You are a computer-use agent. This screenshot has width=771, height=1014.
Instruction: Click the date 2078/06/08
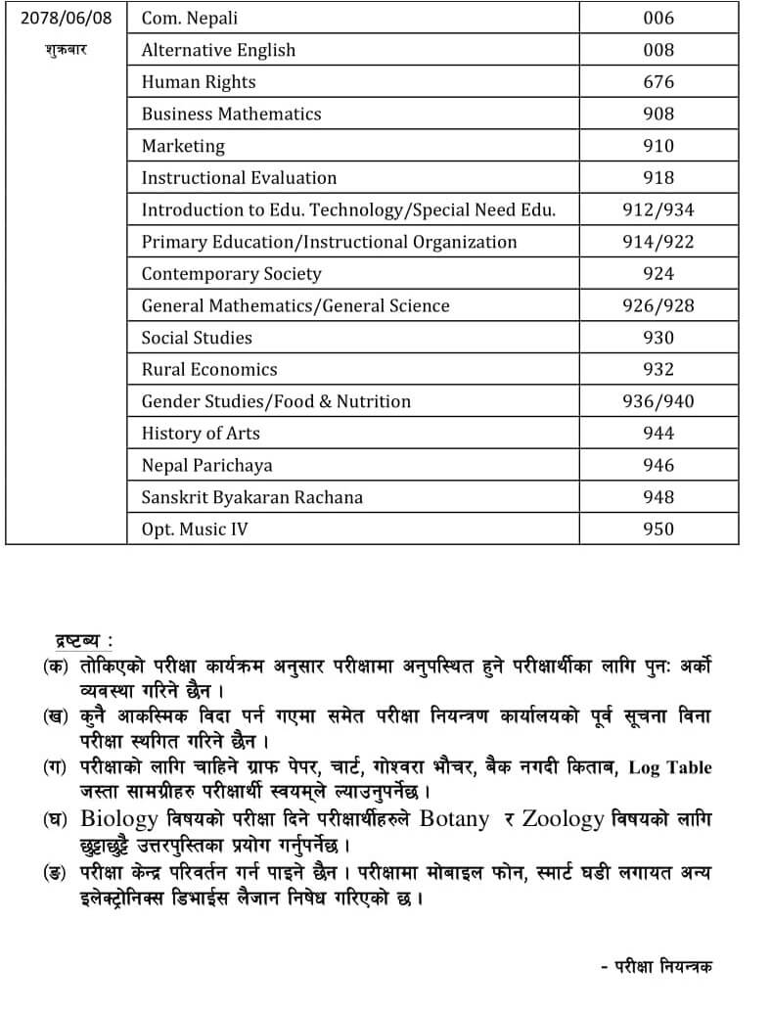coord(66,18)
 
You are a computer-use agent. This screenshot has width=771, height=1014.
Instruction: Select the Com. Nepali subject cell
coord(190,18)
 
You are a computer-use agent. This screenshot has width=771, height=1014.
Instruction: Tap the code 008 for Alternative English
coord(658,50)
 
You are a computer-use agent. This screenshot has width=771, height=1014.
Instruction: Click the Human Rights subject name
coord(199,82)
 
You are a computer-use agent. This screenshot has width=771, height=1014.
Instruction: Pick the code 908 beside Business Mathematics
coord(658,114)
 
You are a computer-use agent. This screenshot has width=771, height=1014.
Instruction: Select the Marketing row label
coord(183,146)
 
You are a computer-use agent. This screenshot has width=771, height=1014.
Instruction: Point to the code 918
coord(658,177)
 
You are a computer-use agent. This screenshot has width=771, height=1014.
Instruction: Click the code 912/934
coord(658,209)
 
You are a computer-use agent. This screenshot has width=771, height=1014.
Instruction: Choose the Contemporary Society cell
coord(231,274)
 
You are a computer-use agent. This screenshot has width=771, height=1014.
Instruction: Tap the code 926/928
coord(658,305)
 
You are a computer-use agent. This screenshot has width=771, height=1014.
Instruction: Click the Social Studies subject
coord(197,338)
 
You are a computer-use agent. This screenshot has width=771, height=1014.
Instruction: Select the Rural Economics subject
coord(209,369)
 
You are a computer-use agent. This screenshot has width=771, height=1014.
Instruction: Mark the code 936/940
coord(658,401)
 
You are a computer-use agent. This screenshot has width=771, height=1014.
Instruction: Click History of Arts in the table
coord(201,434)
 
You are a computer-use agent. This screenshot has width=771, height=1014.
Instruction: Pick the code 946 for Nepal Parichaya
coord(658,465)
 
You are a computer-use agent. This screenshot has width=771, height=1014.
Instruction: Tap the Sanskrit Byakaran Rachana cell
coord(252,497)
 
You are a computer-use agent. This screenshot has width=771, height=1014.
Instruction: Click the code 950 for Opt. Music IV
coord(658,529)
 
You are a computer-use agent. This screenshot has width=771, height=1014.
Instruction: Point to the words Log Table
coord(670,767)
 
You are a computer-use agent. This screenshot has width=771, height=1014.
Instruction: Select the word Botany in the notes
coord(454,819)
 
